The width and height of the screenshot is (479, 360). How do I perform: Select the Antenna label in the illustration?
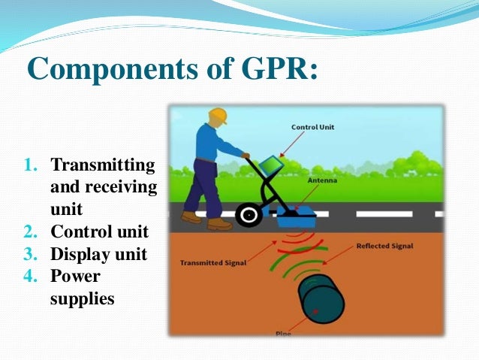pos(321,180)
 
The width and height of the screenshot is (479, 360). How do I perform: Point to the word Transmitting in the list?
pos(102,165)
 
